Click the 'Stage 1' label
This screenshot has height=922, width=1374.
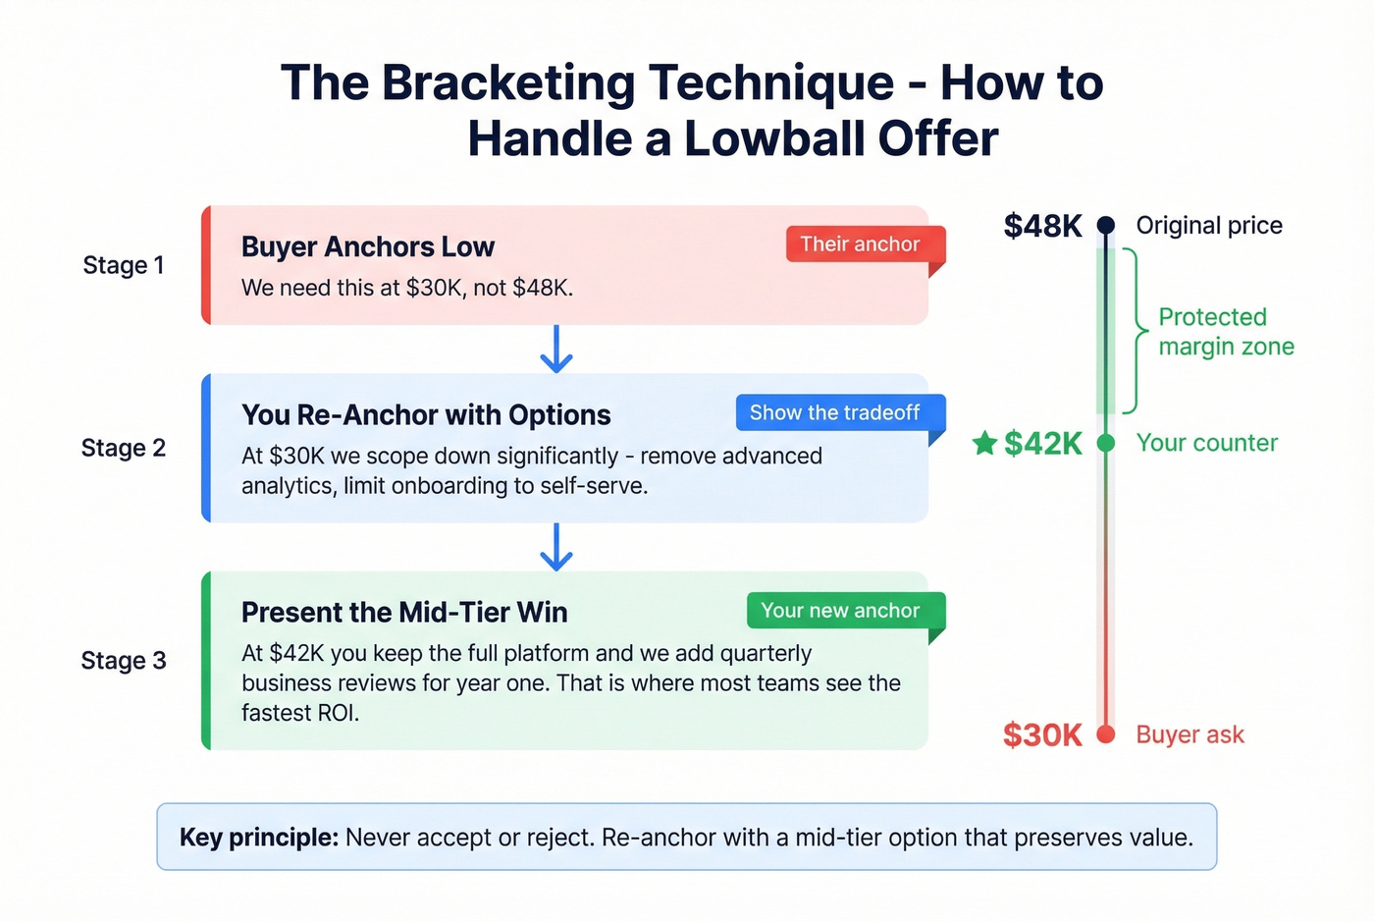(x=124, y=265)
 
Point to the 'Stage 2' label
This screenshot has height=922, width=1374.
(x=124, y=448)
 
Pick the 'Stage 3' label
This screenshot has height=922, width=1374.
(x=124, y=661)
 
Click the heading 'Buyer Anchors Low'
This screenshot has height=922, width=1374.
(x=368, y=246)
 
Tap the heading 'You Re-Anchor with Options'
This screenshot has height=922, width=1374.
(x=426, y=415)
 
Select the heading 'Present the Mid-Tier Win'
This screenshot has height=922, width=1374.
(x=404, y=613)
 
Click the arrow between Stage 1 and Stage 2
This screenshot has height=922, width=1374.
(x=556, y=350)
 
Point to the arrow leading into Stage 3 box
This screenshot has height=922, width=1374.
(x=556, y=547)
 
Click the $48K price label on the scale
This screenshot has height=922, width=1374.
(x=1042, y=226)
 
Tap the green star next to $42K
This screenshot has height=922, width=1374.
(x=984, y=443)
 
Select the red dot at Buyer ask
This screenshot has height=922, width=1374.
(x=1106, y=734)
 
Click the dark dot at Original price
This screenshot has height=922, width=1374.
(x=1106, y=225)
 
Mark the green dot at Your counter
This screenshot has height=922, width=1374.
(x=1106, y=443)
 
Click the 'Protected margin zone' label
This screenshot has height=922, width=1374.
(x=1226, y=332)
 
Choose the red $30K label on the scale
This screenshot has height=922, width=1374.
(x=1042, y=735)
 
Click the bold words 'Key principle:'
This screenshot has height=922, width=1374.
(x=259, y=838)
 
